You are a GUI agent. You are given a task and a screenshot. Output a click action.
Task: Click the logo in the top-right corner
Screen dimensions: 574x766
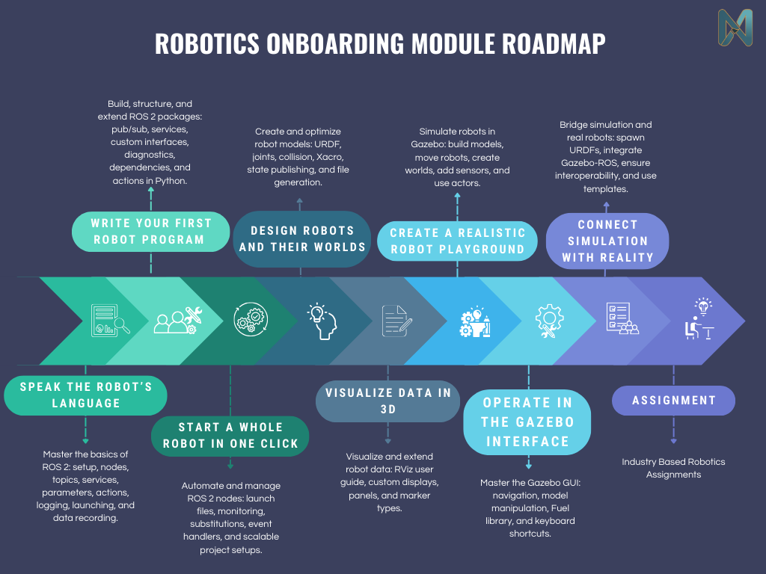click(735, 30)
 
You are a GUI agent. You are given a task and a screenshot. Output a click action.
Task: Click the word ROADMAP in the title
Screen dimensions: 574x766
click(554, 43)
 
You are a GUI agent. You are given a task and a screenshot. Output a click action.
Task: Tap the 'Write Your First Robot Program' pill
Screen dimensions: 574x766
click(151, 232)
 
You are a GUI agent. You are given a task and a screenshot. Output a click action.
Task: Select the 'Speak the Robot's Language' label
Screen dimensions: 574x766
click(85, 395)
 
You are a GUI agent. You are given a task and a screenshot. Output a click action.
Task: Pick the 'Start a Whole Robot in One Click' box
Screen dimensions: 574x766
click(230, 435)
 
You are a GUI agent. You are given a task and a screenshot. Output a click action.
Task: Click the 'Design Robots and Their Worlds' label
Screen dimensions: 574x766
click(302, 238)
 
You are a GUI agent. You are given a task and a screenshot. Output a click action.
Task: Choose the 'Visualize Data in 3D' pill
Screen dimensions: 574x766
click(387, 401)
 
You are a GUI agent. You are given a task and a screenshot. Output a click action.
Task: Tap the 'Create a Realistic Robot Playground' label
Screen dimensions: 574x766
click(457, 241)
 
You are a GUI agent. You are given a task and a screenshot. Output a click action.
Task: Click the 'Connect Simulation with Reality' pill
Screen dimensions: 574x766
click(607, 241)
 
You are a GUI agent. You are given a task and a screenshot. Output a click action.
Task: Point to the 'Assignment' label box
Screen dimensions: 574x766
click(673, 401)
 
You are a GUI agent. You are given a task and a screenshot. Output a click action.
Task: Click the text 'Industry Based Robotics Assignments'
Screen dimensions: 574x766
click(673, 468)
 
